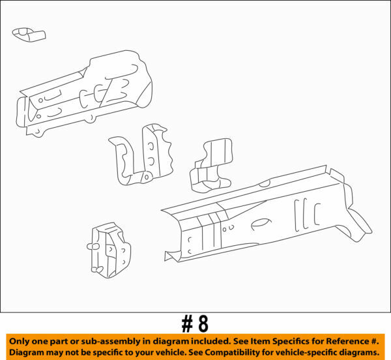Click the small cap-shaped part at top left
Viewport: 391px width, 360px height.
[29, 34]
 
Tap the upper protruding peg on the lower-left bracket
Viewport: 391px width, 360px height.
[91, 247]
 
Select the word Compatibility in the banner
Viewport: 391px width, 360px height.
[230, 352]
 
